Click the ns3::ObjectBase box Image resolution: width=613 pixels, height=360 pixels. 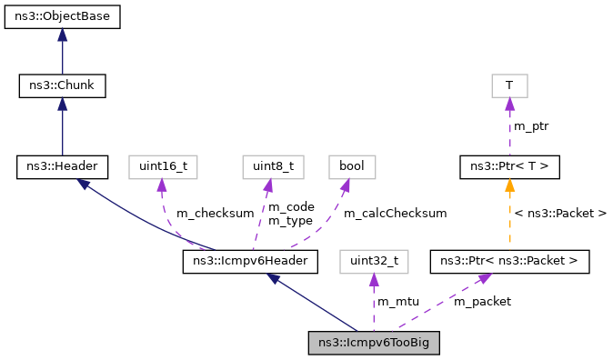[x=62, y=17]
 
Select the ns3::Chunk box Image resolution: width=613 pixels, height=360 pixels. [x=62, y=86]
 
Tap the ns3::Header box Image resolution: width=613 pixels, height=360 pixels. [x=62, y=166]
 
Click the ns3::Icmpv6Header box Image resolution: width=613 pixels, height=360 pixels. [x=250, y=262]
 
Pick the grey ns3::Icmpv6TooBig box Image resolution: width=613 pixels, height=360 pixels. [x=374, y=343]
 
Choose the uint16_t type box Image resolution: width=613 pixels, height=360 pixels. [x=163, y=166]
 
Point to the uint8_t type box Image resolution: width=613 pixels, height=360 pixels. [x=266, y=166]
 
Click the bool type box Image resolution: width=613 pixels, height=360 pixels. [x=351, y=166]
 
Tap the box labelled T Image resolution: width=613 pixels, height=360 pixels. [x=509, y=86]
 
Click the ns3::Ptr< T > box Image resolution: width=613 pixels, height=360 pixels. [x=509, y=166]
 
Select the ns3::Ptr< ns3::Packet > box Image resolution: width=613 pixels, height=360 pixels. [x=509, y=262]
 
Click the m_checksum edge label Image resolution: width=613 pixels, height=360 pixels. [x=215, y=214]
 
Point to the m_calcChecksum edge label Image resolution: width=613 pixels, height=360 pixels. [x=395, y=214]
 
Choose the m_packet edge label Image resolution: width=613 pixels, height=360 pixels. [x=482, y=301]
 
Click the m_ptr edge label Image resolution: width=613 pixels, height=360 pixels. [x=531, y=125]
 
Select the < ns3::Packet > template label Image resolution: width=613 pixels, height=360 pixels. [x=560, y=214]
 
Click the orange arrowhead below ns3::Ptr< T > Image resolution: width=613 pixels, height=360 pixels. [x=509, y=185]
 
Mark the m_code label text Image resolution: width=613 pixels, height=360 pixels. [x=290, y=207]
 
